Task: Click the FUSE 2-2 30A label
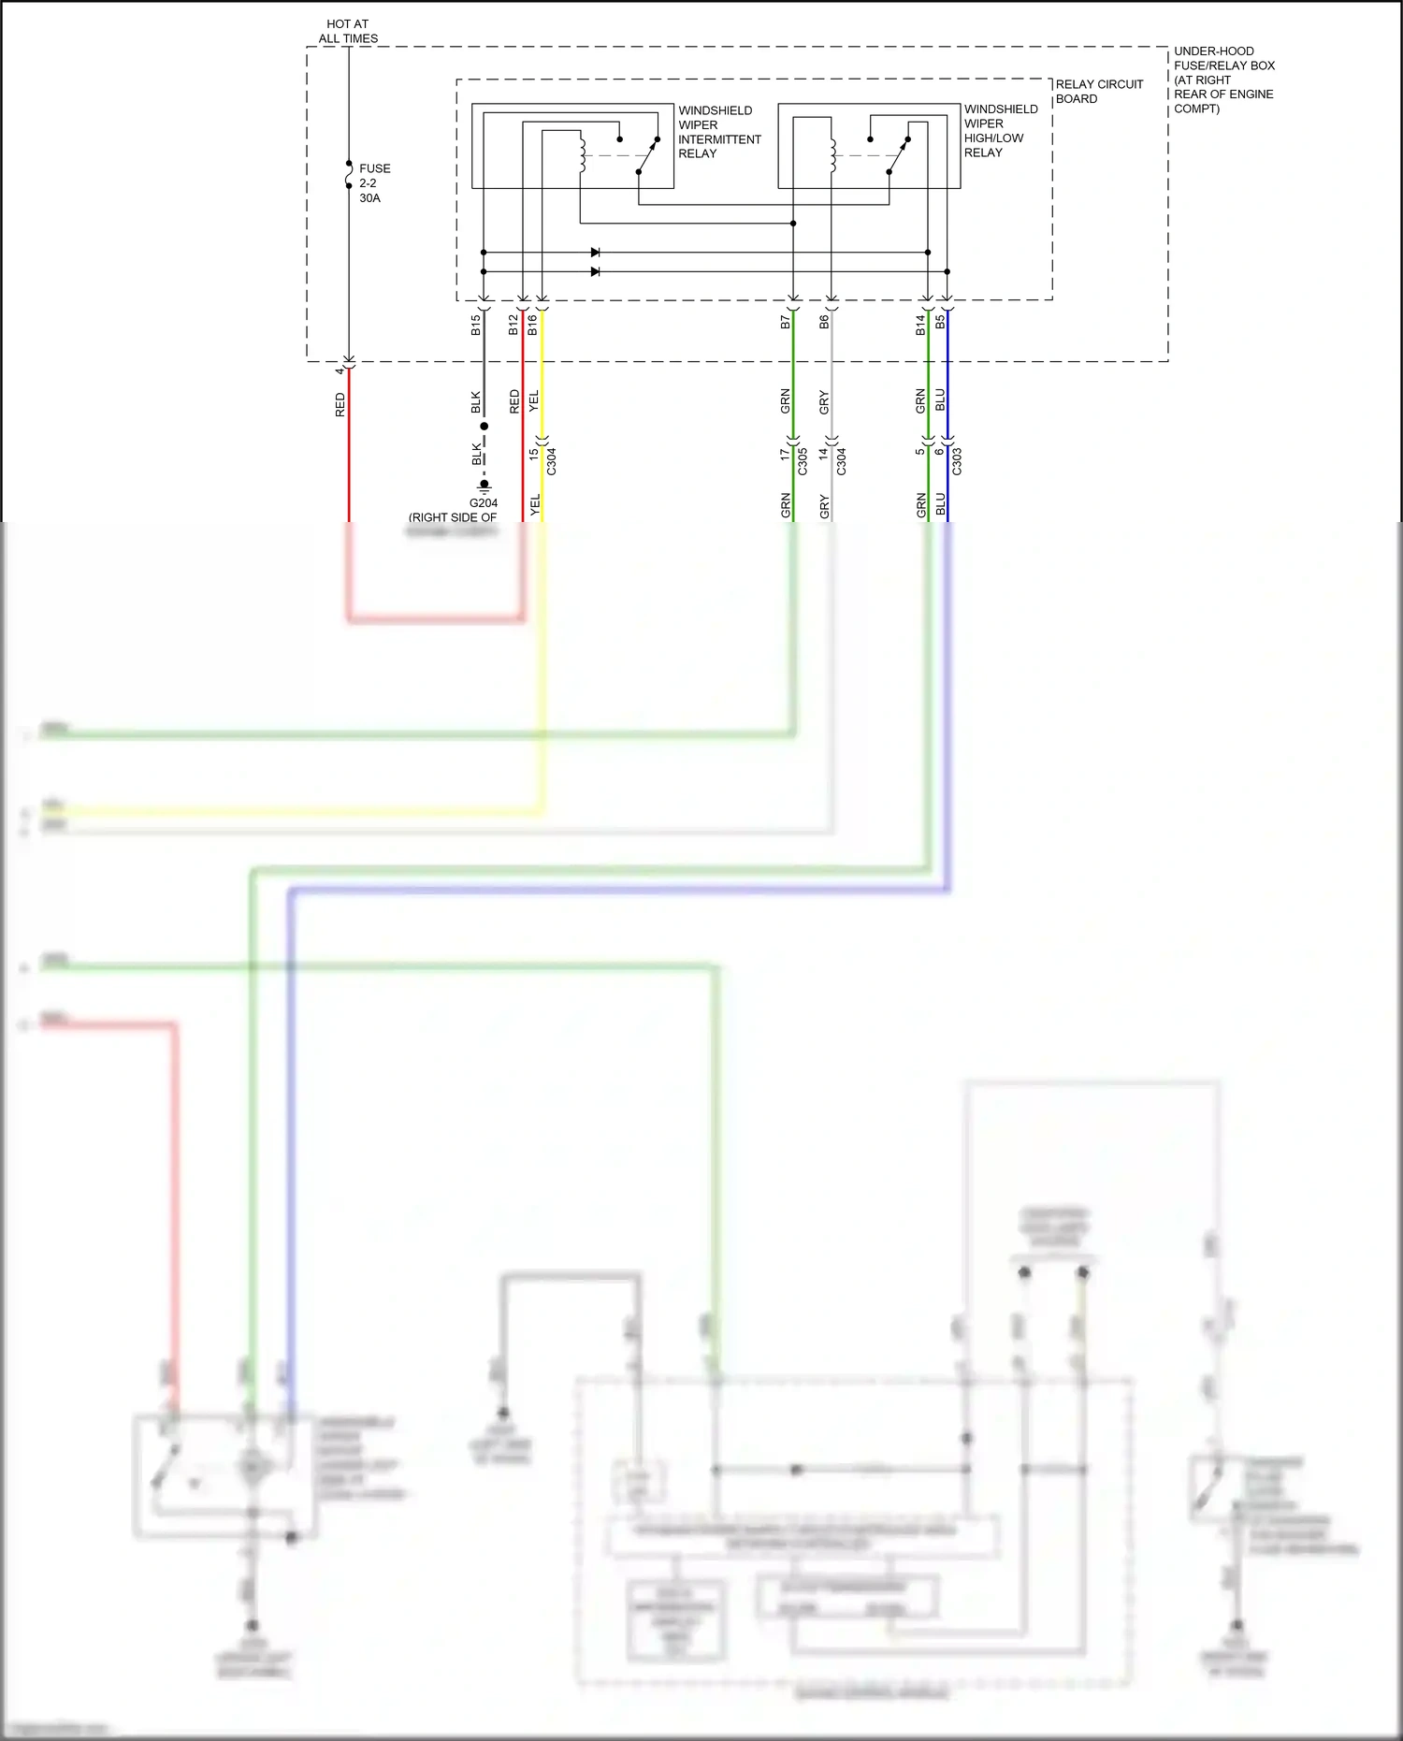tap(374, 183)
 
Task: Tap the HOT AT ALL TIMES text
tap(348, 31)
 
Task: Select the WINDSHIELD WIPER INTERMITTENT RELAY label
tap(718, 132)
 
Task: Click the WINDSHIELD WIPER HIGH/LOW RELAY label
tap(1000, 131)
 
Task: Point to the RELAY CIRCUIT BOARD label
tap(1099, 92)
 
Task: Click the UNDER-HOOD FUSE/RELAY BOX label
tap(1223, 80)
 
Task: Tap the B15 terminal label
tap(476, 325)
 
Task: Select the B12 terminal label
tap(513, 325)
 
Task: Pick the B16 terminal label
tap(533, 325)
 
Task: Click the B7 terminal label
tap(786, 322)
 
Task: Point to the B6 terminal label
tap(824, 322)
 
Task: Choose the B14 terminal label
tap(920, 325)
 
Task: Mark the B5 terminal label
tap(940, 322)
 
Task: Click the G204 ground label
tap(484, 502)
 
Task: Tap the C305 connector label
tap(803, 461)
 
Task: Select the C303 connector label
tap(957, 461)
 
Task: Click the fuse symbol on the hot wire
tap(349, 175)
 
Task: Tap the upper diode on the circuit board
tap(595, 253)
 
